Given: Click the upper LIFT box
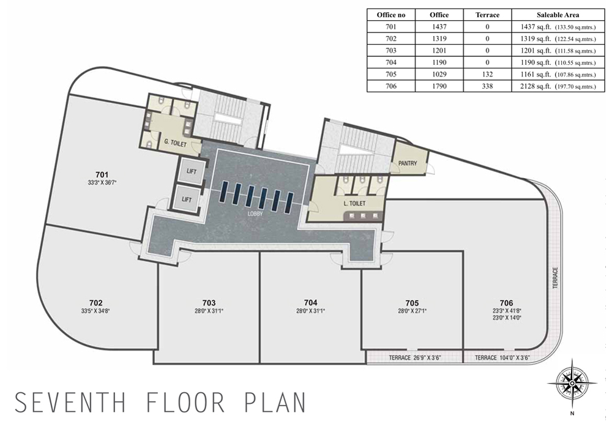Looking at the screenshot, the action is (191, 171).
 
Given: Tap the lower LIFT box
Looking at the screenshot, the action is (187, 199).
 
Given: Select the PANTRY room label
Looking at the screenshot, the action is (408, 163).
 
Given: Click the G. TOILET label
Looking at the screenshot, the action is (175, 143).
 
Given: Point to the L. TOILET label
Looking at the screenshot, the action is (354, 203).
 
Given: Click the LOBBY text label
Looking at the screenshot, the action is (255, 214).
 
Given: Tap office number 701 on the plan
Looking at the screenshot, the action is (102, 175).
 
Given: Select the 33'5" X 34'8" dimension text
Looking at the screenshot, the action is (96, 311).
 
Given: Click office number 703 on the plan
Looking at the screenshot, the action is (209, 303).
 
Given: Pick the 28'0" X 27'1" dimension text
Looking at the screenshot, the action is (412, 311).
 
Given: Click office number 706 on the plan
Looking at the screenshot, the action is (506, 303).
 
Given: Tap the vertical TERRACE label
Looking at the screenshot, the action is (556, 278).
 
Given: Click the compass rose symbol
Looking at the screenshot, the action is (572, 384).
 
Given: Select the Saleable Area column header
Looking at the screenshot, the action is (558, 15).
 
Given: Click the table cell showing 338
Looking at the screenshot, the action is (487, 86).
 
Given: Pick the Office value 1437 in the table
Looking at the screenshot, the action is (439, 27).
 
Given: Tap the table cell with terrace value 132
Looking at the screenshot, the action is (487, 74).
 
